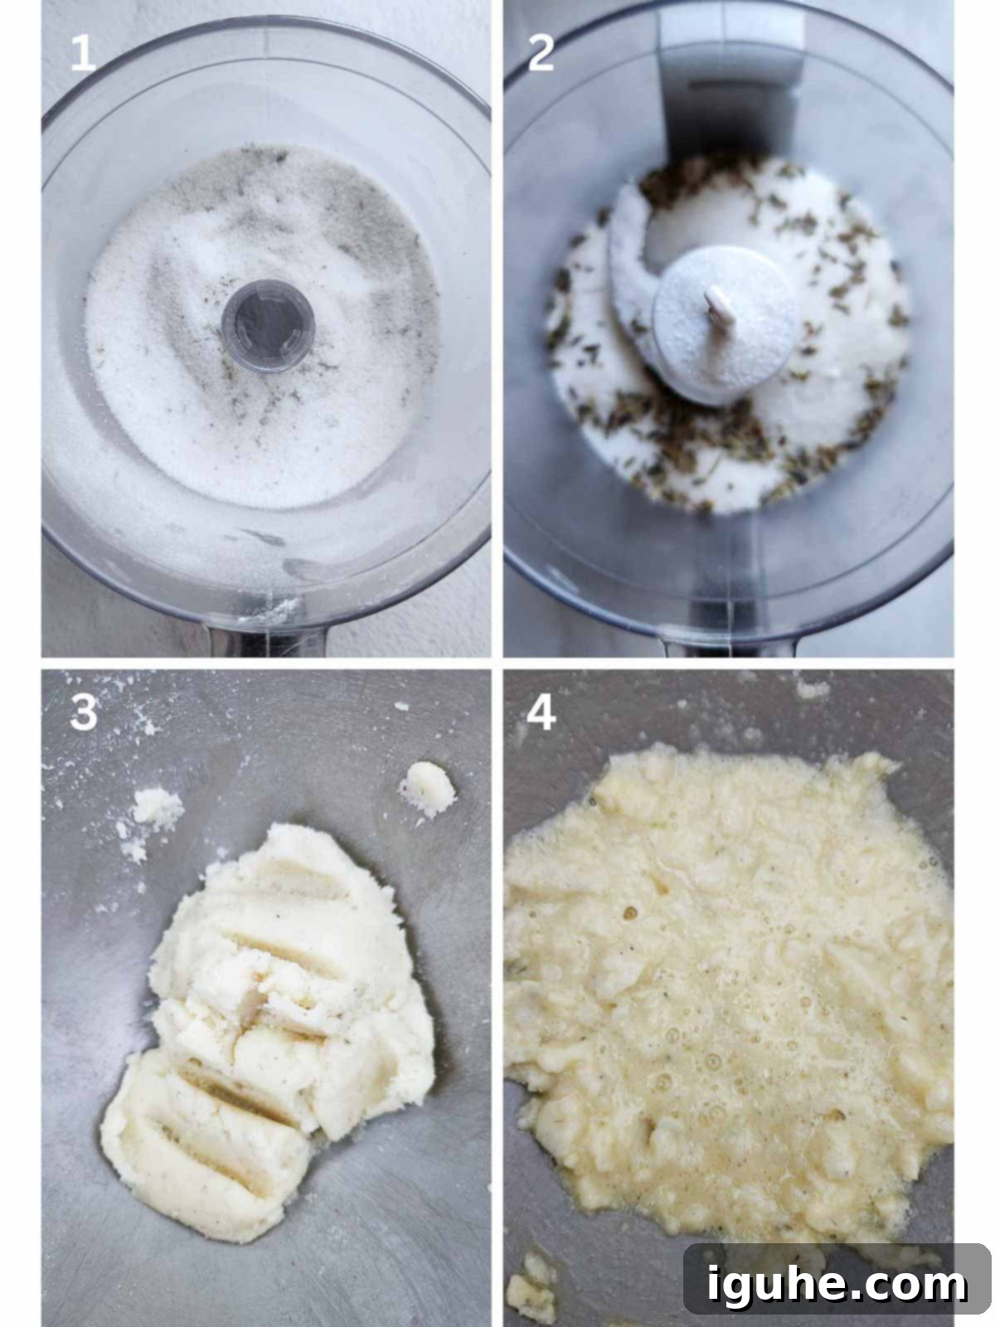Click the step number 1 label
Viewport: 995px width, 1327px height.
point(83,52)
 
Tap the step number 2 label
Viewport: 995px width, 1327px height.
point(541,52)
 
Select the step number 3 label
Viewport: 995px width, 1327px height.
point(84,711)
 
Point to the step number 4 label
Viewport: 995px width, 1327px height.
point(541,712)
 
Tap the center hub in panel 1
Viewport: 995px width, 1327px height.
point(268,325)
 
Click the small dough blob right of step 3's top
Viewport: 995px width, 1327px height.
point(427,788)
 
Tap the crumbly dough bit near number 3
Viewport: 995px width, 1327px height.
point(157,806)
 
